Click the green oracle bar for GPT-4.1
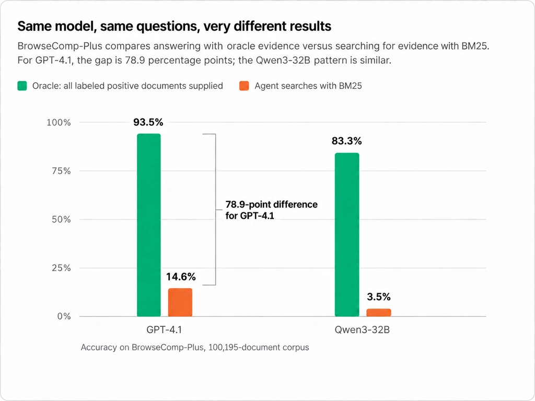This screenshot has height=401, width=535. coord(149,225)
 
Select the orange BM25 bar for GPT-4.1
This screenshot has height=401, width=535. coord(180,302)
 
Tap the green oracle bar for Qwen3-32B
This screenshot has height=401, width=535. coord(347,234)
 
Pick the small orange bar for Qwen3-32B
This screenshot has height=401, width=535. coord(379,313)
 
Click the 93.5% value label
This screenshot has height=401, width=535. coord(148,122)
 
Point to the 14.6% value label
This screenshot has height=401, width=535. coord(181,277)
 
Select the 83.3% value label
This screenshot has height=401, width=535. coord(347,141)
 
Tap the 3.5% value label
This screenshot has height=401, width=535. coord(379,297)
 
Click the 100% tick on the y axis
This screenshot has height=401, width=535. coord(59,122)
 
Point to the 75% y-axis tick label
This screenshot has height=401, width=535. coord(62,171)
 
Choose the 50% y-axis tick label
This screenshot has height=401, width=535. coord(62,219)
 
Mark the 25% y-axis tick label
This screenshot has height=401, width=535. coord(62,268)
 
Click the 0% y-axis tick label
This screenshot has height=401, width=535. coord(64,316)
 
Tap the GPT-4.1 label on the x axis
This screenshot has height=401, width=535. coord(164,330)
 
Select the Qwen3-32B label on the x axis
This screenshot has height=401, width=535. coord(362,330)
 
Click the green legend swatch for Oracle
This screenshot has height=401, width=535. coord(22,86)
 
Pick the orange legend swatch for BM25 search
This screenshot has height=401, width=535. coord(244,86)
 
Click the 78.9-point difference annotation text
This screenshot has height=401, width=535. coord(272,210)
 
